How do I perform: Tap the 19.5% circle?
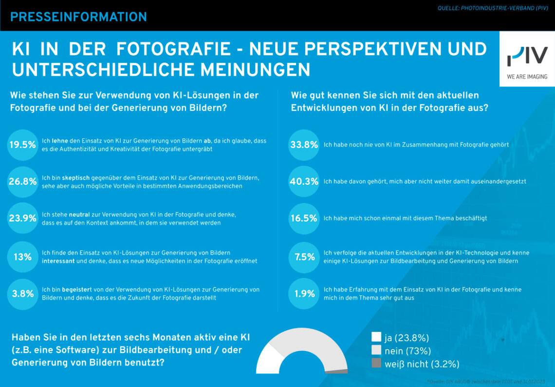(22, 144)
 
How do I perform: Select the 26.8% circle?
(22, 181)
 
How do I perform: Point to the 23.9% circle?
(22, 218)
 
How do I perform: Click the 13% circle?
(22, 257)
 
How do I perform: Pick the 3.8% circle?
(22, 294)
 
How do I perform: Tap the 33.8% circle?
(304, 144)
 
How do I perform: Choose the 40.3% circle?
(304, 181)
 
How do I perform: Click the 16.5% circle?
(304, 218)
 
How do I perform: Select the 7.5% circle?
(304, 257)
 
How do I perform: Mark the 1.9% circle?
(304, 294)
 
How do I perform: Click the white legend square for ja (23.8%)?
(376, 337)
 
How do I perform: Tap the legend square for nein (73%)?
(376, 350)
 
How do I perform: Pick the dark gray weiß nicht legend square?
(376, 363)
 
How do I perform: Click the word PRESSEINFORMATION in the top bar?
(78, 17)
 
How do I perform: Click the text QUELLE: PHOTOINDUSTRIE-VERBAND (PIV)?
(492, 8)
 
